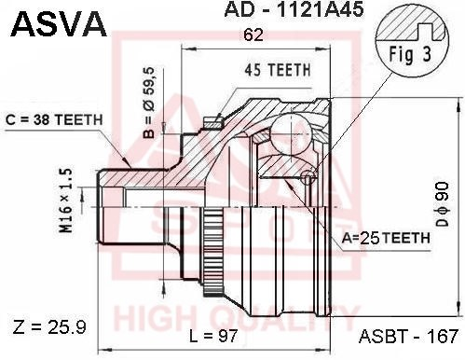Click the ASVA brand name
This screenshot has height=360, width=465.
[x=59, y=24]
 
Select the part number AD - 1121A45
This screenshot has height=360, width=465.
[x=294, y=9]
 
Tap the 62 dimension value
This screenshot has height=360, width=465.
[x=253, y=35]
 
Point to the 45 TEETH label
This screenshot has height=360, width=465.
[x=278, y=70]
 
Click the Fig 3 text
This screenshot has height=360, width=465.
[x=410, y=54]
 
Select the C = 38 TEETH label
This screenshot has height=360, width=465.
[x=54, y=120]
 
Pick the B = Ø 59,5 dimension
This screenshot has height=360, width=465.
[x=149, y=103]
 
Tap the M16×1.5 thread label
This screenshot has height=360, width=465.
[x=66, y=201]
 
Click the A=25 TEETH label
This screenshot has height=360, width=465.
[x=386, y=238]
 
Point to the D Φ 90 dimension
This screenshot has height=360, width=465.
[x=443, y=203]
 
